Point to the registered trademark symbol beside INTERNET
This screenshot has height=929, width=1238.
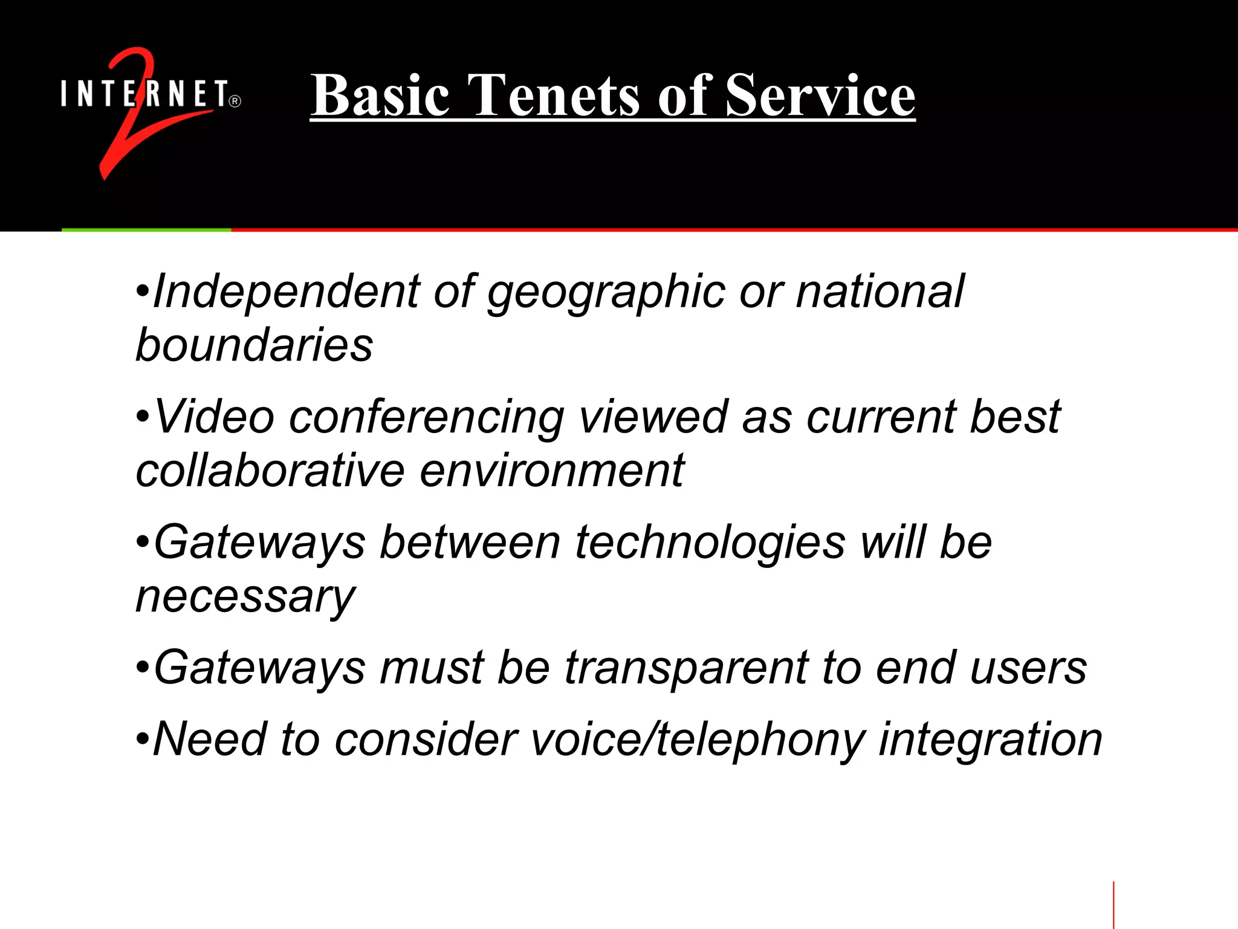coord(235,102)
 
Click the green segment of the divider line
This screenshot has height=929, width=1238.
coord(146,230)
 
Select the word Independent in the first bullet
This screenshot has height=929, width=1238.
coord(286,293)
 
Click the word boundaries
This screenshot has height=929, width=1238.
coord(254,345)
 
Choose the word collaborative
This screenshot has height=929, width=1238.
coord(270,471)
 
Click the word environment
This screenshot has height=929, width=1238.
coord(552,471)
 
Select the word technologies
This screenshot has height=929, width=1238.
coord(710,543)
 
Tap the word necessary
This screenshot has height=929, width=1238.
coord(245,597)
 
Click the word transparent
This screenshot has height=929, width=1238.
coord(686,669)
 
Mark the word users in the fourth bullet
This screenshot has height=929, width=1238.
coord(1028,669)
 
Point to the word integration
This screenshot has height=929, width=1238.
coord(990,740)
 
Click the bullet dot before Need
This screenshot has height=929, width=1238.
coord(142,738)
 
